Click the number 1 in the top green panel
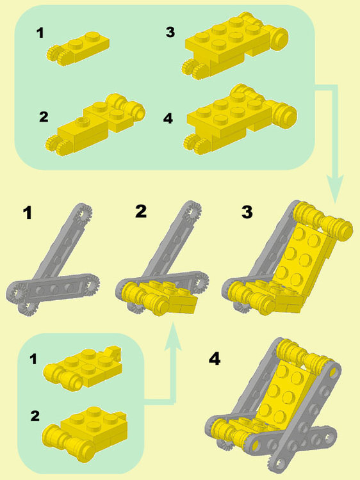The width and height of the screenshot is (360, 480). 40,33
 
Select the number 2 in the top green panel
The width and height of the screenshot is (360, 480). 44,117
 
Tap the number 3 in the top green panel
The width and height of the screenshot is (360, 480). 170,32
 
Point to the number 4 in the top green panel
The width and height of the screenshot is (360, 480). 168,118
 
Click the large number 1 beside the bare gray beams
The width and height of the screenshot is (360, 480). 28,213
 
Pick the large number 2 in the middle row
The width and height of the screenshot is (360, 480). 141,211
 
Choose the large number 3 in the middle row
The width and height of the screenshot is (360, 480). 247,212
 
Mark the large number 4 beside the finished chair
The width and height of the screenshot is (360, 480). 215,358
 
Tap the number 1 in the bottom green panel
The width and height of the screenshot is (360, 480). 34,359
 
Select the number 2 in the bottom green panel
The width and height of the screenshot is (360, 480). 35,416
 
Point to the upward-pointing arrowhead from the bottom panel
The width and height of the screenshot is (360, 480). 173,336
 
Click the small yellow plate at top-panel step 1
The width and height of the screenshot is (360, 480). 78,47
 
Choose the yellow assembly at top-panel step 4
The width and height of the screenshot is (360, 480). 240,120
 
